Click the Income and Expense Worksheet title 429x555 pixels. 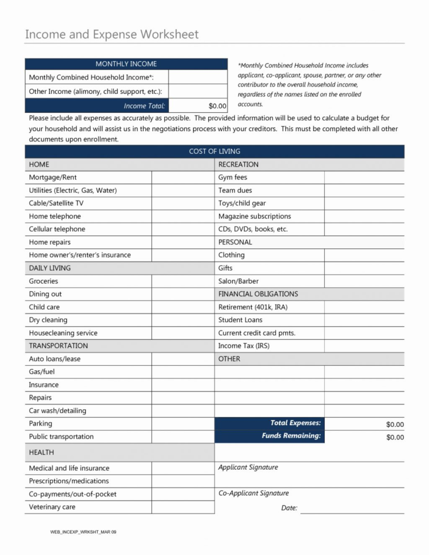coord(112,34)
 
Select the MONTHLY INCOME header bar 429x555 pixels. coord(126,64)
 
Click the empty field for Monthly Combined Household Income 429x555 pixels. coord(198,77)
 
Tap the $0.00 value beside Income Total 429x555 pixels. coord(217,106)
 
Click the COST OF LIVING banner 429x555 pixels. coord(214,152)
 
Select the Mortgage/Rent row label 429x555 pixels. coord(53,177)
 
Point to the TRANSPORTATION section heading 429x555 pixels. coord(58,346)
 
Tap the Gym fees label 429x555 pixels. coord(232,177)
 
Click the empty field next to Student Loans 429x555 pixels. coord(364,320)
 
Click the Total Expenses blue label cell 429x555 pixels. coord(269,423)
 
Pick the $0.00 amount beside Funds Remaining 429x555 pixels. coord(395,437)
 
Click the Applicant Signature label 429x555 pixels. coord(248,467)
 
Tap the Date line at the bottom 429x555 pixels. coord(352,508)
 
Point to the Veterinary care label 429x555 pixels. coord(52,507)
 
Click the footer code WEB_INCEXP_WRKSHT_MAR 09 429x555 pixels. coord(83,532)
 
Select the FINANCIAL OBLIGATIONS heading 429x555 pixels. coord(258,294)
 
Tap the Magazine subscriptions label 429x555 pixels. coord(255,216)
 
